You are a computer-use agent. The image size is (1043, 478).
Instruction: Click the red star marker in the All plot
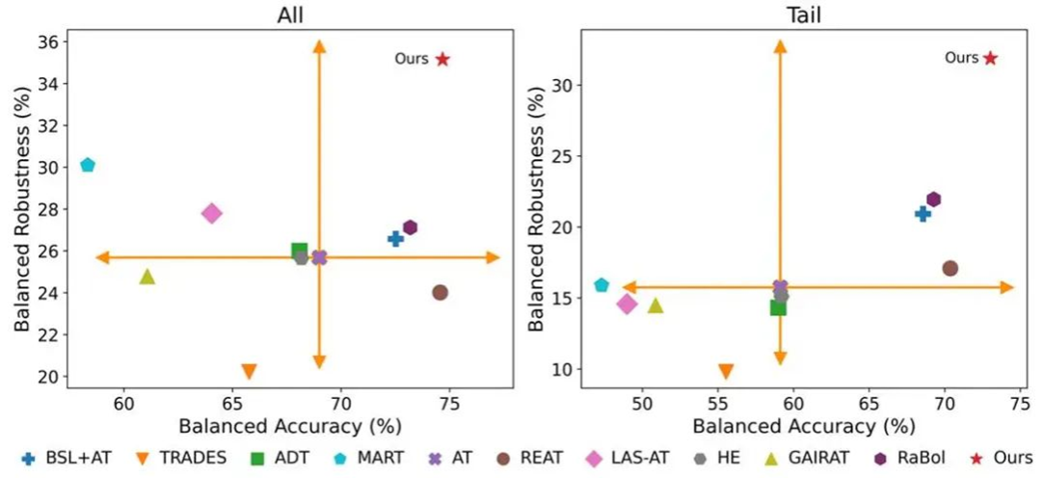pos(442,59)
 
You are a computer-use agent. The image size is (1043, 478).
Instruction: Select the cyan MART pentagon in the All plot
pos(88,165)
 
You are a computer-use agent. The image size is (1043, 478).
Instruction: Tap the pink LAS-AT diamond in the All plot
pos(211,213)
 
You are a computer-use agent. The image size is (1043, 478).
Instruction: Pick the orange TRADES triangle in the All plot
pos(249,371)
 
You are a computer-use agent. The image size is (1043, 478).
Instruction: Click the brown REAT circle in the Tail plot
pos(949,268)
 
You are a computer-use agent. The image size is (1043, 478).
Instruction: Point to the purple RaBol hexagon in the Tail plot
pos(933,199)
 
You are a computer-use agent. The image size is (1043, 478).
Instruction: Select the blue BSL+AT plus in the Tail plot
pos(923,213)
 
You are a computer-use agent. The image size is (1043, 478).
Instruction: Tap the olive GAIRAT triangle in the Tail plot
pos(655,305)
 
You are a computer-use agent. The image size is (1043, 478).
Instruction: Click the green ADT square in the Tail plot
pos(778,307)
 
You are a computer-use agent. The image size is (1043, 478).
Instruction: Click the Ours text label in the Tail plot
pos(961,58)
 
